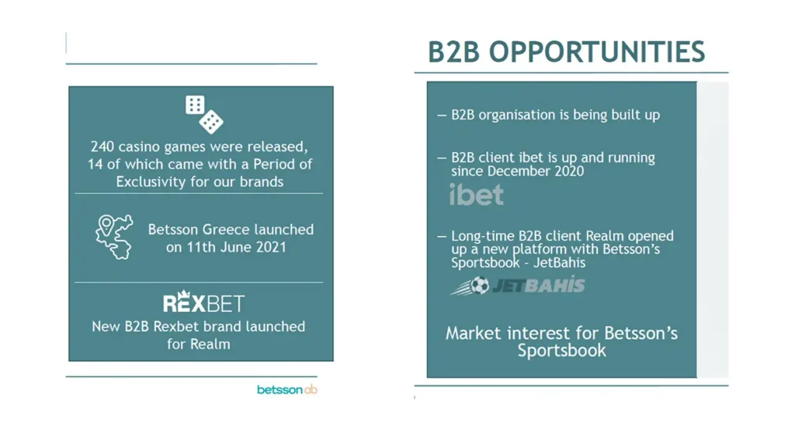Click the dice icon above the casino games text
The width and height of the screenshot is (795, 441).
[204, 115]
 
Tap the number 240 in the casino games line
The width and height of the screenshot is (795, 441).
[102, 147]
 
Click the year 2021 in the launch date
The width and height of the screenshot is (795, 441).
[270, 248]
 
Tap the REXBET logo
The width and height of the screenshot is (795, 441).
[204, 302]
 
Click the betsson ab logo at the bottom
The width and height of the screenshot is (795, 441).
[287, 390]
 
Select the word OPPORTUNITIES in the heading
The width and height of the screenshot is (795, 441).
[597, 52]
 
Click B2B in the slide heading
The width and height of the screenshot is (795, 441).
[453, 52]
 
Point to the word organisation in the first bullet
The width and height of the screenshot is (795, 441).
[514, 116]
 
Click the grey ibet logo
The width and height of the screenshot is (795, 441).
[477, 195]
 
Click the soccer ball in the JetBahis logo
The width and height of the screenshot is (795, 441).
[479, 286]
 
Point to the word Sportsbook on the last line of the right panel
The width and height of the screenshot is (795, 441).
[562, 351]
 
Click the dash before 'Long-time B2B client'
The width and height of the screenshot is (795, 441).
[442, 236]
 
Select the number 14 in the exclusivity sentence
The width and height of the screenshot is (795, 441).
[95, 165]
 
